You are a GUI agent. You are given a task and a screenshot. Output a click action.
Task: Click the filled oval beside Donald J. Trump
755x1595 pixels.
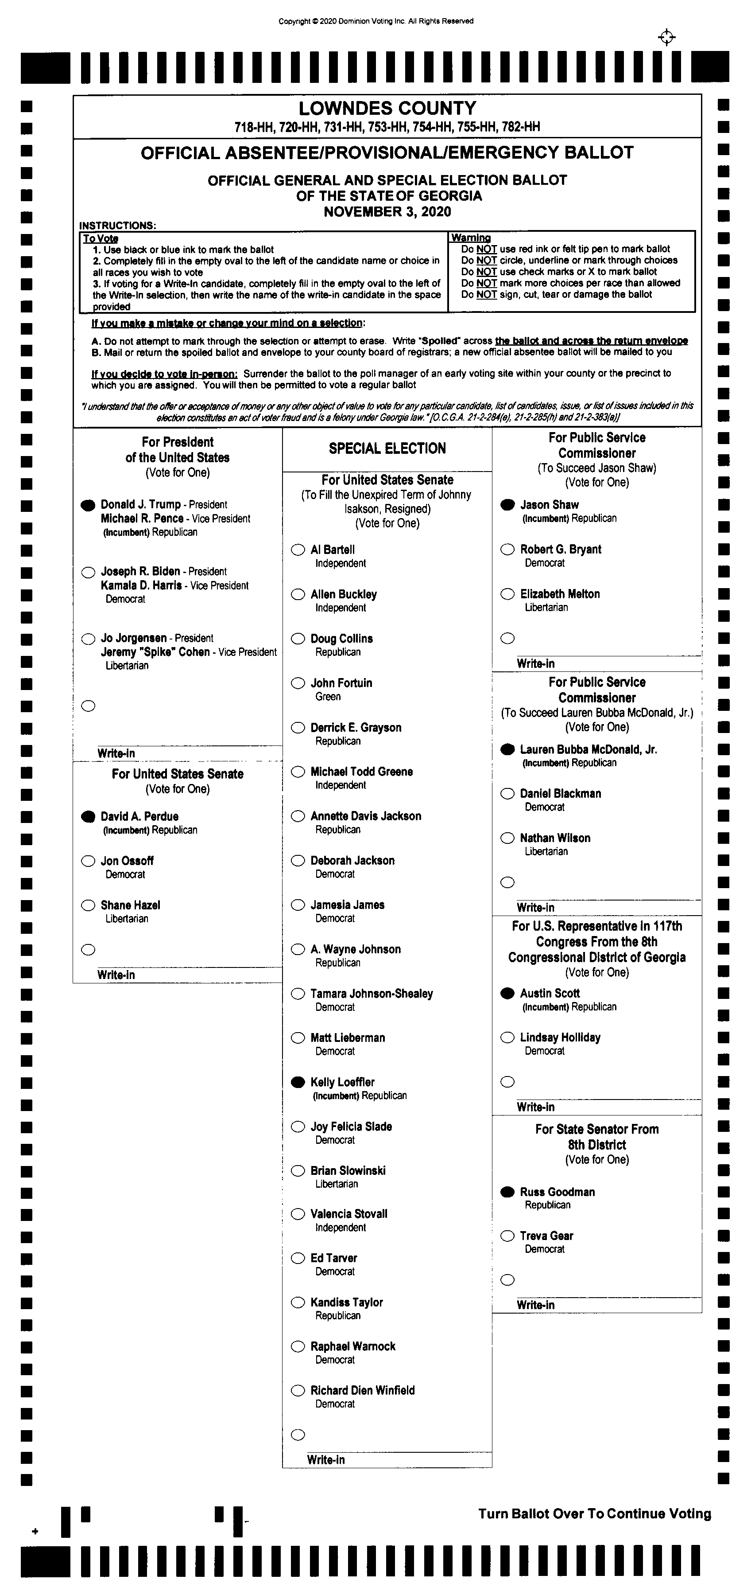(x=88, y=505)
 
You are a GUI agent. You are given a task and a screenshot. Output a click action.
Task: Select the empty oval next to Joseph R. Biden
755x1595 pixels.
(x=88, y=572)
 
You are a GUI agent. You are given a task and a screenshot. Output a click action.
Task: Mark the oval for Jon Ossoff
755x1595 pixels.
(x=88, y=861)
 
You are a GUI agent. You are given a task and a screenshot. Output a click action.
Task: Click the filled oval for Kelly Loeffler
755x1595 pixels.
(x=298, y=1082)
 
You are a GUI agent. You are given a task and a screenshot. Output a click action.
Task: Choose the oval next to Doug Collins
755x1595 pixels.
(x=298, y=638)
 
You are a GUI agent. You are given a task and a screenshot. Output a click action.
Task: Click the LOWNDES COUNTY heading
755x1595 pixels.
(x=387, y=108)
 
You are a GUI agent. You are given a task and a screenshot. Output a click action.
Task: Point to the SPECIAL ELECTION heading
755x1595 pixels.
(x=387, y=448)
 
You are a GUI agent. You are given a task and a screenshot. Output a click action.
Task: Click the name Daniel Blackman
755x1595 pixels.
(x=560, y=794)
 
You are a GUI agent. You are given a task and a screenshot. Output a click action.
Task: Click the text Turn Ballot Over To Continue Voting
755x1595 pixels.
(x=594, y=1514)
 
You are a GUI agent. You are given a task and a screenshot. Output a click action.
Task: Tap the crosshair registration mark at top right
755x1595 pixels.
(x=666, y=38)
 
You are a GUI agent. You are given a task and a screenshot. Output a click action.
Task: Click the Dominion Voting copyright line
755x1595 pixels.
(x=376, y=21)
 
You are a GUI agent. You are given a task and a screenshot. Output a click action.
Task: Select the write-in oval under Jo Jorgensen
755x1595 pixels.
(x=88, y=706)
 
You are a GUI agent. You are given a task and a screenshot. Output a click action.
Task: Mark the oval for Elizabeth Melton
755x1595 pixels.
(x=507, y=594)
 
